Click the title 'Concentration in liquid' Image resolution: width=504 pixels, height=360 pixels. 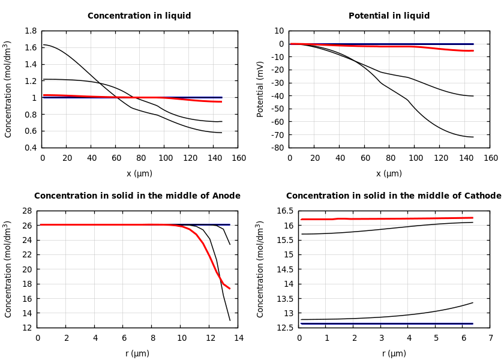[139, 16]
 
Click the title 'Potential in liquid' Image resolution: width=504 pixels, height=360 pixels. [389, 16]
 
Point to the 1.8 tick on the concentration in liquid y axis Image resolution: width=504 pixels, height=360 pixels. [31, 31]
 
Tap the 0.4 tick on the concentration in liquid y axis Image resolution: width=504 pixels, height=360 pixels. [31, 148]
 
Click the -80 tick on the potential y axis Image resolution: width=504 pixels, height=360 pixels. [277, 148]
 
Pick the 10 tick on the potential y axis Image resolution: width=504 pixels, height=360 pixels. [279, 31]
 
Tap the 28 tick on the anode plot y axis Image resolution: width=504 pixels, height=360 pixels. [26, 211]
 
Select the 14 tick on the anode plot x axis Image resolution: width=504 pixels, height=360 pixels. [238, 338]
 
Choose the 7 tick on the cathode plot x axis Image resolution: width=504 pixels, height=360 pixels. [490, 338]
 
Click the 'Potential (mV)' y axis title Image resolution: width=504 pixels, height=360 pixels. [260, 89]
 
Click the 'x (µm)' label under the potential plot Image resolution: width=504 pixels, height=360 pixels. [389, 174]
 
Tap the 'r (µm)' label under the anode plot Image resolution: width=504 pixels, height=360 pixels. [137, 354]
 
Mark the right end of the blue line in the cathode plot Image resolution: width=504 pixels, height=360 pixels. [473, 323]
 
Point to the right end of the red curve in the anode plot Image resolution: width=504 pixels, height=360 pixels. [229, 289]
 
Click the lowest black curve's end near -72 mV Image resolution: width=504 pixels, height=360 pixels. [473, 137]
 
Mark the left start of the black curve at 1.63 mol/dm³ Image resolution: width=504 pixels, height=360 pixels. [43, 44]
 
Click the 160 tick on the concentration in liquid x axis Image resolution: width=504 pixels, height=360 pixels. [238, 158]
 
